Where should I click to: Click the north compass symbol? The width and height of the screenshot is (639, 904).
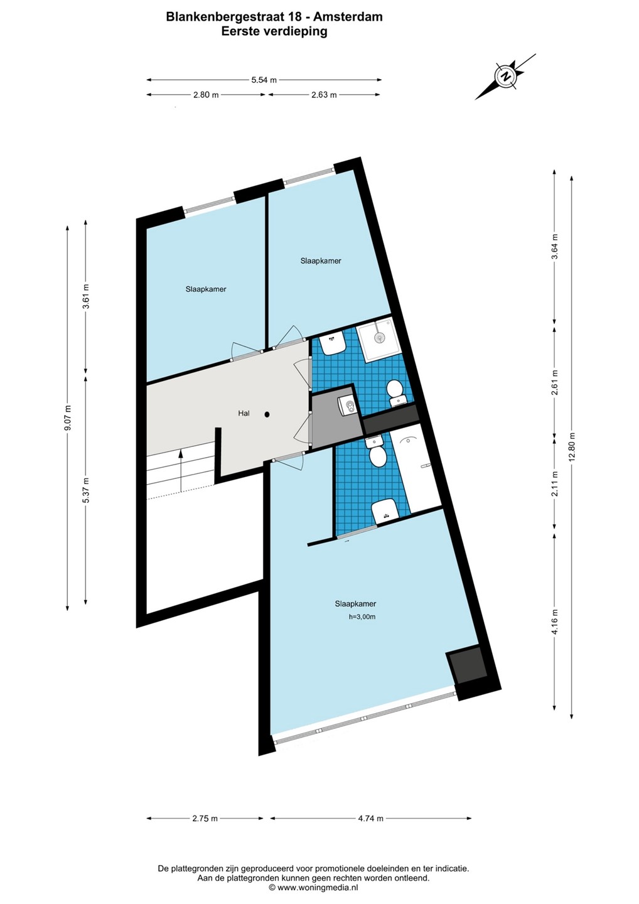click(x=505, y=76)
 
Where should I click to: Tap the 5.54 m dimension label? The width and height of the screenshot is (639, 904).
click(x=264, y=80)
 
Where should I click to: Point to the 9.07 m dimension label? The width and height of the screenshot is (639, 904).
click(x=67, y=417)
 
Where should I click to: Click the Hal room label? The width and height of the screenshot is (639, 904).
click(x=244, y=413)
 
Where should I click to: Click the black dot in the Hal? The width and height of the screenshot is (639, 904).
click(x=267, y=414)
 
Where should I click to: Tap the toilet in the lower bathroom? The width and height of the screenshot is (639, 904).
click(x=377, y=451)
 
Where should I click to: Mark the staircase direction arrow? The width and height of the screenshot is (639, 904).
click(x=180, y=471)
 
